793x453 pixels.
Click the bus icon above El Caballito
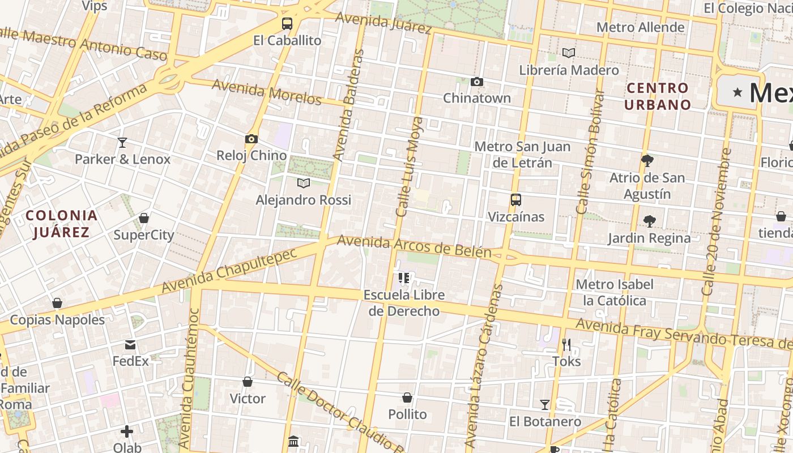pos(287,24)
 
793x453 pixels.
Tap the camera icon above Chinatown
pos(477,82)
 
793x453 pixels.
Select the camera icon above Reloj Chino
pos(251,139)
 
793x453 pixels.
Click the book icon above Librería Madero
pos(569,53)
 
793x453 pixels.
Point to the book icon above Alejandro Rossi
pos(304,183)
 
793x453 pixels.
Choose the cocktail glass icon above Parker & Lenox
pos(122,142)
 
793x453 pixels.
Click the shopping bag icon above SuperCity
pos(144,218)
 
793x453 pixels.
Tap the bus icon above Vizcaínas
pos(515,200)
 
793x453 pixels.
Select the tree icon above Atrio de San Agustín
pos(647,161)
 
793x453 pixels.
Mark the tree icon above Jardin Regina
pos(649,221)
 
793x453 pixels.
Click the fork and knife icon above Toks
pos(566,344)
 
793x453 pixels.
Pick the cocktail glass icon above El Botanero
pos(545,405)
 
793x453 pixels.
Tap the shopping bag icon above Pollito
pos(407,398)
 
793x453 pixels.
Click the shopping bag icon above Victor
pos(248,382)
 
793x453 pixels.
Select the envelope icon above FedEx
pos(130,344)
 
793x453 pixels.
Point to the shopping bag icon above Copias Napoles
pos(57,303)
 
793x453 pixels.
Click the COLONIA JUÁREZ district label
pos(62,224)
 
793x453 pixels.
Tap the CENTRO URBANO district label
pos(658,96)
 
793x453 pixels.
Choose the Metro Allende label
pos(640,27)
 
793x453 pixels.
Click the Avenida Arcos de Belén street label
pos(414,246)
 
